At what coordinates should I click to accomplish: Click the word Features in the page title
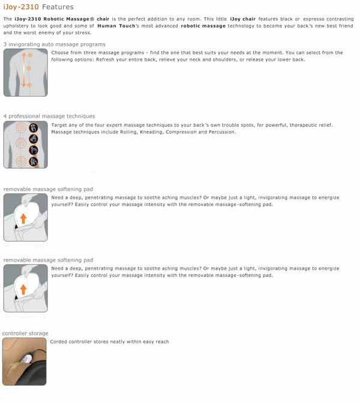(58, 7)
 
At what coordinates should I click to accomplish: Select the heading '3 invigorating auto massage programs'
(55, 44)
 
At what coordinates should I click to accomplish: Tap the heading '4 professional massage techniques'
(49, 116)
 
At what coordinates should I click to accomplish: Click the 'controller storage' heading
(26, 333)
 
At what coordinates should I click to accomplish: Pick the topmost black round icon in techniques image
(34, 127)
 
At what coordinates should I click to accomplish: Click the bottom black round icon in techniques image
(34, 160)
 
